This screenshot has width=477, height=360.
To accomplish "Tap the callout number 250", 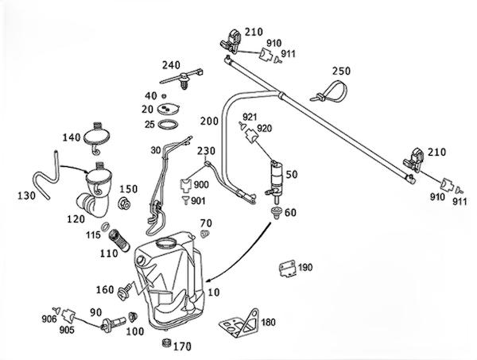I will click(341, 71).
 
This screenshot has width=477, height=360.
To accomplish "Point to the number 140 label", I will click(72, 137).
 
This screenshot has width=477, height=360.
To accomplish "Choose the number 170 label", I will click(184, 346).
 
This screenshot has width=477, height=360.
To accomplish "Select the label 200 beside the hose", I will click(209, 123).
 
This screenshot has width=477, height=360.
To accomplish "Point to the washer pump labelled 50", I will click(276, 179).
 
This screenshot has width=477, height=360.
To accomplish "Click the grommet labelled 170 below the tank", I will click(165, 343).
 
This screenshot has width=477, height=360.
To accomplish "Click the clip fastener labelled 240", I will click(184, 80).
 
